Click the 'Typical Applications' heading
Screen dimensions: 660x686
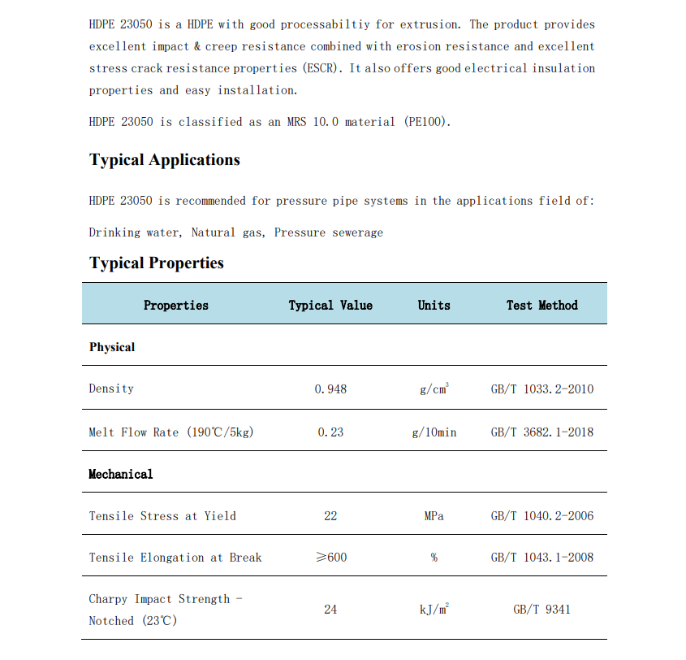[x=165, y=160]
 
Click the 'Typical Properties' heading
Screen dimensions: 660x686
[x=157, y=263]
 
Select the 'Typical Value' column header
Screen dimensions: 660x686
[x=330, y=306]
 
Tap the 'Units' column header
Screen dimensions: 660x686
[x=434, y=306]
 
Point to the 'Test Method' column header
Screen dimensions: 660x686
[x=541, y=306]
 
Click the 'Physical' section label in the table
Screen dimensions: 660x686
[x=112, y=347]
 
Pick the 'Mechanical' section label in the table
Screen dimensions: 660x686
[x=120, y=474]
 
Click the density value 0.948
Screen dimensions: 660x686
[x=330, y=389]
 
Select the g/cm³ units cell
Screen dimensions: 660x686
[x=434, y=389]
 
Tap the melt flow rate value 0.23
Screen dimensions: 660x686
[x=330, y=432]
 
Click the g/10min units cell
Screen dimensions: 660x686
[x=434, y=432]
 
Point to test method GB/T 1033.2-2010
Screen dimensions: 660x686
[x=541, y=389]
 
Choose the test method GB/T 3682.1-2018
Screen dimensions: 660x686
[x=541, y=432]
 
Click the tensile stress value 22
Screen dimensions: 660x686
[x=330, y=516]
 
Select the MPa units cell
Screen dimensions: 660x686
[x=434, y=516]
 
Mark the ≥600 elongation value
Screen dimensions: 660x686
[x=330, y=558]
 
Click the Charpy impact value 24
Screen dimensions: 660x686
[x=330, y=610]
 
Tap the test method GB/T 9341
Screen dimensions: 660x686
[x=541, y=610]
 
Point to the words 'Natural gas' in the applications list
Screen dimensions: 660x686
[x=227, y=232]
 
